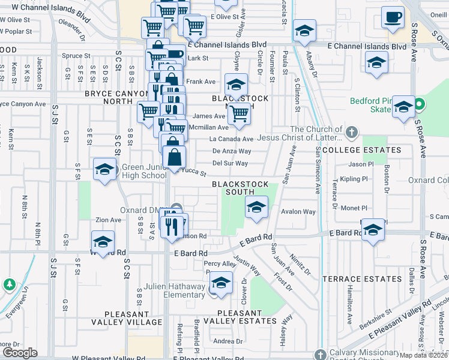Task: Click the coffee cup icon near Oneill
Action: point(394,19)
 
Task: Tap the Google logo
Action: point(20,353)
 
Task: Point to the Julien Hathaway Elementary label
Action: point(175,290)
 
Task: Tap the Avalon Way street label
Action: point(298,212)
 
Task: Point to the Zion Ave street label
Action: point(107,220)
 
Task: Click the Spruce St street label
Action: point(76,56)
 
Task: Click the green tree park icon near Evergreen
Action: point(9,284)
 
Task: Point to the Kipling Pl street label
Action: point(353,179)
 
